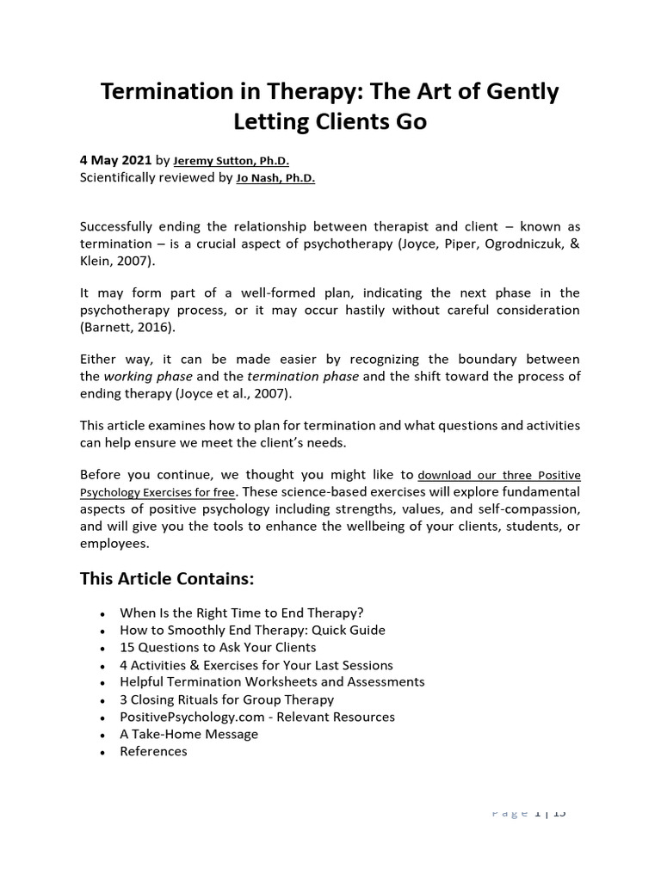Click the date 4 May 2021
coord(115,160)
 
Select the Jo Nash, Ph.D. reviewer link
coord(275,178)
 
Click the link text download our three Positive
coord(498,475)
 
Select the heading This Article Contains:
coord(167,578)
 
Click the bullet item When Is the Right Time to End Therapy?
coord(242,613)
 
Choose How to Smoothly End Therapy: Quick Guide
coord(252,630)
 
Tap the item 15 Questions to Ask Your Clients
coord(218,647)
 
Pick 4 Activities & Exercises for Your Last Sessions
coord(256,665)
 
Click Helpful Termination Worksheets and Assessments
coord(272,681)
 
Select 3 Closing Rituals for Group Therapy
coord(226,699)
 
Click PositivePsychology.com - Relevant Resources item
coord(257,717)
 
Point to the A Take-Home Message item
coord(188,734)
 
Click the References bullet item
coord(153,751)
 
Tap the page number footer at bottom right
coord(528,812)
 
